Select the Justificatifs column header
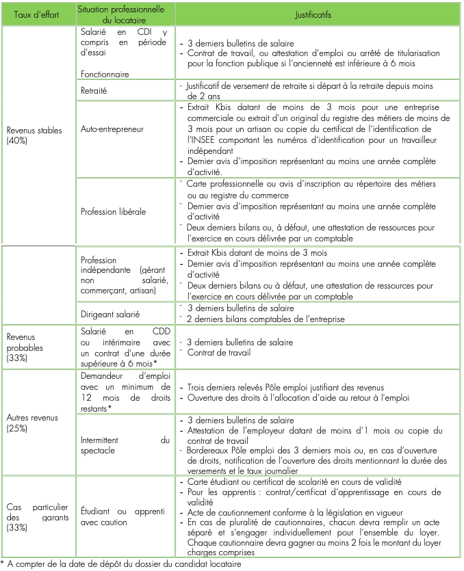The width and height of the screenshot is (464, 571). (319, 14)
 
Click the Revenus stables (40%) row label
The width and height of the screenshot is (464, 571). (34, 135)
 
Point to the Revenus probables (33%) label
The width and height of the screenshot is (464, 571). (25, 346)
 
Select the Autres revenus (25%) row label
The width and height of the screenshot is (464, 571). (34, 422)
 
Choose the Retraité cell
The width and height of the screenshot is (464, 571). (94, 90)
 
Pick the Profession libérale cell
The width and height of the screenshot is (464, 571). (113, 211)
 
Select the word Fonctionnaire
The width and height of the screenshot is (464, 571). (105, 73)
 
